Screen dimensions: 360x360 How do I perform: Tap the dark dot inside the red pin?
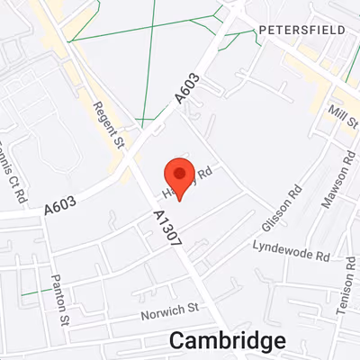180,172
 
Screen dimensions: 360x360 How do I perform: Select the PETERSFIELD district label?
301,30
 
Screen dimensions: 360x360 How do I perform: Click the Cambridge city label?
228,340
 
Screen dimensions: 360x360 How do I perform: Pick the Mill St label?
343,114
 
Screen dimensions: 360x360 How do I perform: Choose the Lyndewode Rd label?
291,249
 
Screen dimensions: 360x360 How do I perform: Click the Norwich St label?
169,311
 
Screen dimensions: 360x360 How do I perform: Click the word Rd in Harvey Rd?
203,171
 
